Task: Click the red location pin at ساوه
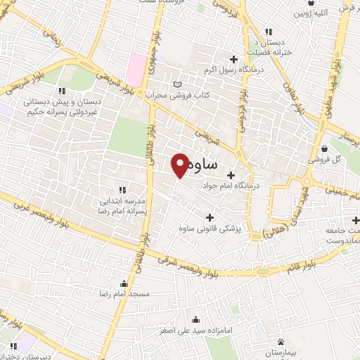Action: click(180, 165)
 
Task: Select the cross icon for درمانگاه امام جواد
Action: click(231, 174)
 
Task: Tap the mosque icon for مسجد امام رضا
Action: click(125, 284)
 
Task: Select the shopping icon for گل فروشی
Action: click(324, 148)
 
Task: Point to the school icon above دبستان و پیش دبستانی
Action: click(62, 90)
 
